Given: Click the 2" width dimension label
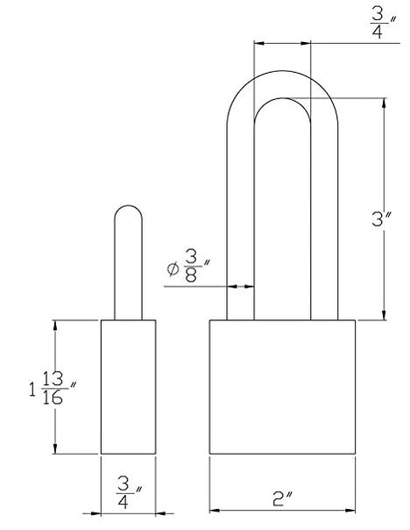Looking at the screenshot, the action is (282, 499).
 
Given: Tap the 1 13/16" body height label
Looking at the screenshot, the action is (53, 388).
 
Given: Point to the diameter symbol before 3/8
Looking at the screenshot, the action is (173, 269).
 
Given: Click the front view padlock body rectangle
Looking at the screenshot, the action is (282, 387).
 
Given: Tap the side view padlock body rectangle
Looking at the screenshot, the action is (128, 387).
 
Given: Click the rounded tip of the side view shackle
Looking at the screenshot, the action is (128, 205).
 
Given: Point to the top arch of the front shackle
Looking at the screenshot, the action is (282, 71).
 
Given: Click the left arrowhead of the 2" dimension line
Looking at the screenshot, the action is (214, 510).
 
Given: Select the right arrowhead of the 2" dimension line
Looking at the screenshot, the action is (350, 510).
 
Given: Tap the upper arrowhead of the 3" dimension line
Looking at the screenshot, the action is (384, 103).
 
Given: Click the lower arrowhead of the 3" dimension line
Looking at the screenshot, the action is (384, 315).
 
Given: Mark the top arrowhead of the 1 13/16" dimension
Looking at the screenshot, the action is (55, 325).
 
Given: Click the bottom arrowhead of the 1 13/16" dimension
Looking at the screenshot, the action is (55, 449).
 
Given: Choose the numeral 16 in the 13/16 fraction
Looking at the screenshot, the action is (53, 397).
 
